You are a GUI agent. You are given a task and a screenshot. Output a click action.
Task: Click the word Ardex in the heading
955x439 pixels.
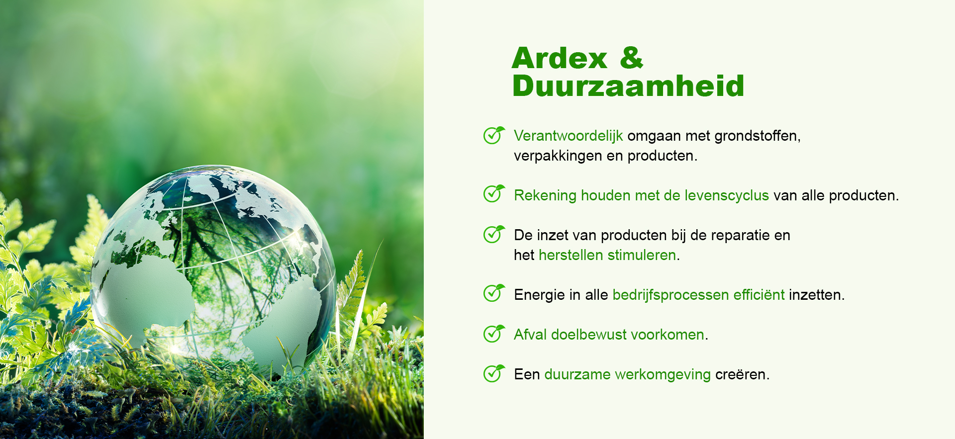coord(560,58)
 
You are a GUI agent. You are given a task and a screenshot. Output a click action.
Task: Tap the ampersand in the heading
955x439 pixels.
coord(632,58)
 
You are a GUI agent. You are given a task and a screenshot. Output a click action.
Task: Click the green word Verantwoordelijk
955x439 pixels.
coord(569,136)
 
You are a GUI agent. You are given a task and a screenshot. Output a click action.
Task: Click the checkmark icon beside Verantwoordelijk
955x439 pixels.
coord(494,135)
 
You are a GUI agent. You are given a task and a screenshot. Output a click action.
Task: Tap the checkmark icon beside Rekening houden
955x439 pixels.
coord(494,193)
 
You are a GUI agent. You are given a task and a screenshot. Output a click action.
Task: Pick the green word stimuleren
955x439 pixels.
coord(642,255)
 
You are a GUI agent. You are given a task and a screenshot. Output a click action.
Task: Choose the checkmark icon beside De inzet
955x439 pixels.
coord(494,234)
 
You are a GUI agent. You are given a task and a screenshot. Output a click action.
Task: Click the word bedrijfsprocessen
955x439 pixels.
coord(670,295)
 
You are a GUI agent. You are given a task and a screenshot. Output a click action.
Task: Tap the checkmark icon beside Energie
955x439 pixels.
coord(494,293)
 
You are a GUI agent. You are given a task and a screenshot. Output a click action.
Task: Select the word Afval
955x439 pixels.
coord(530,335)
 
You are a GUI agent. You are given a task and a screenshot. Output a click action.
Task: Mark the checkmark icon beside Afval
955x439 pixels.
coord(494,334)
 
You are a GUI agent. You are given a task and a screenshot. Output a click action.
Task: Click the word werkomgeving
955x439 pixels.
coord(663,374)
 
